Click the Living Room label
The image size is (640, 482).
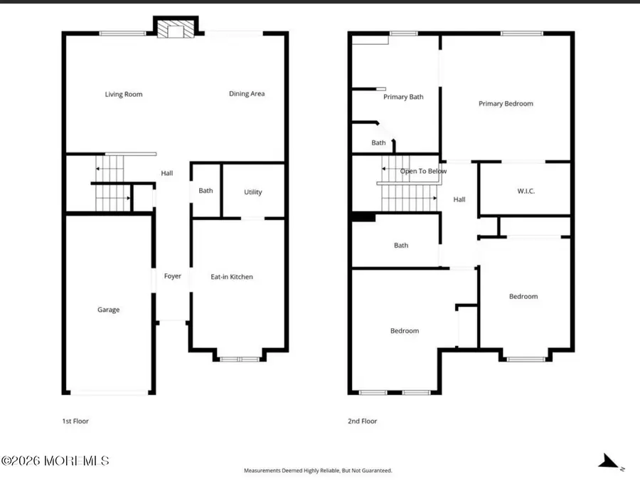tap(124, 95)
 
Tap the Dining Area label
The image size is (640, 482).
tap(247, 94)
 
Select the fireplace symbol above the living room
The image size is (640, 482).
tap(171, 29)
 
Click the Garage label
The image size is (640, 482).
tap(109, 310)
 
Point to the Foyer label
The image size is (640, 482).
tap(173, 276)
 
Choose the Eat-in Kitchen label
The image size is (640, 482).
tap(232, 277)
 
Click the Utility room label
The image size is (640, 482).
tap(253, 192)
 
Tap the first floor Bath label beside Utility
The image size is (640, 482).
tap(206, 191)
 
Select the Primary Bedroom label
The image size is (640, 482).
tap(506, 104)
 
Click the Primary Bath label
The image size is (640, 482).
tap(403, 98)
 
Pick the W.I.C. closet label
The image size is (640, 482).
tap(526, 191)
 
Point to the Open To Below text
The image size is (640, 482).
tap(423, 172)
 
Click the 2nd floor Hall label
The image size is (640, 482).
tap(459, 200)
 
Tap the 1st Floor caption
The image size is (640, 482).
tap(75, 421)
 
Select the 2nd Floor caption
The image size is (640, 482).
tap(363, 421)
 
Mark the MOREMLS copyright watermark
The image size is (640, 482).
tap(55, 461)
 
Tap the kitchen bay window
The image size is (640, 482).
tap(240, 359)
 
